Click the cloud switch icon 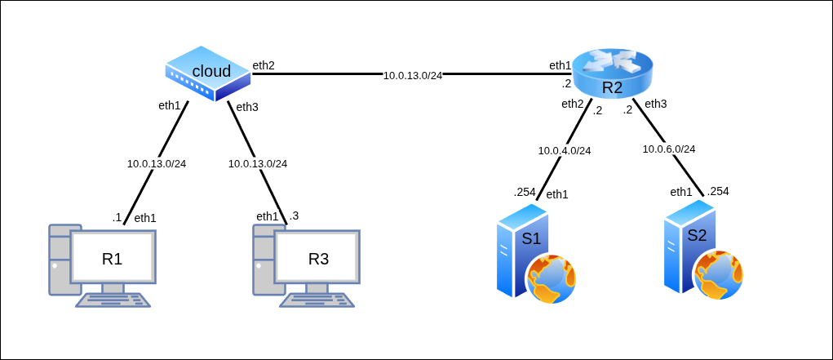point(209,73)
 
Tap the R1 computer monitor point(113,258)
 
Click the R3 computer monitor point(317,258)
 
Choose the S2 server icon point(690,248)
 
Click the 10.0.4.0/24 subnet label point(565,150)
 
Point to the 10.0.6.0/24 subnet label point(669,149)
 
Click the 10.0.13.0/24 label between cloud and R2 point(413,75)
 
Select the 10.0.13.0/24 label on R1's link point(157,163)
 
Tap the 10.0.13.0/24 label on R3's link point(258,163)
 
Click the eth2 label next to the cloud point(264,65)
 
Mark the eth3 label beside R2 point(656,104)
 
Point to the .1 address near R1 point(117,217)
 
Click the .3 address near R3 point(294,216)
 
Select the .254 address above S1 point(525,193)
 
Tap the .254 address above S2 point(718,191)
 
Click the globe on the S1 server point(552,278)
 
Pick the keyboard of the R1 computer point(113,300)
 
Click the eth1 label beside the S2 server point(681,192)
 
